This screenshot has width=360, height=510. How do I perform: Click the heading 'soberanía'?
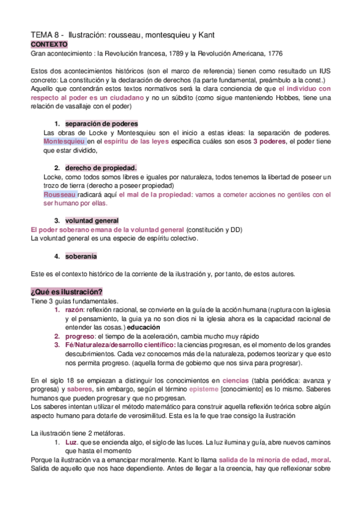pyautogui.click(x=81, y=256)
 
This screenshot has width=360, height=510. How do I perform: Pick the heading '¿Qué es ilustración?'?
pyautogui.click(x=66, y=292)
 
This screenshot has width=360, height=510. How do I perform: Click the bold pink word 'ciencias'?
pyautogui.click(x=236, y=380)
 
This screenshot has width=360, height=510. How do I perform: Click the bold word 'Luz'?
pyautogui.click(x=72, y=443)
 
